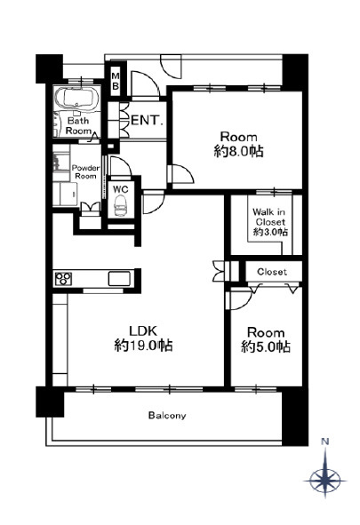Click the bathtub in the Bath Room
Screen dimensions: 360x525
tap(77, 98)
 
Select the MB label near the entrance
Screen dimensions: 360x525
tap(116, 81)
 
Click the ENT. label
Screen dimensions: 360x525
tap(147, 120)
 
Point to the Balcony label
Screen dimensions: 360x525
tap(167, 416)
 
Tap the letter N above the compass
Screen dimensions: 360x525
tap(324, 441)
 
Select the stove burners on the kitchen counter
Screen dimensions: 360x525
tap(63, 279)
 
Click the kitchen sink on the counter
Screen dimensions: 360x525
tap(119, 279)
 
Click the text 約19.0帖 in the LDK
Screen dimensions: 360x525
tap(143, 346)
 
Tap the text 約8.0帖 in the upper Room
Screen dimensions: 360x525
tap(238, 152)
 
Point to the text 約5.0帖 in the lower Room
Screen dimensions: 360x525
tap(266, 346)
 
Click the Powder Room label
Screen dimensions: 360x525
tap(85, 171)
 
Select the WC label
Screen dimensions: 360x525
tap(121, 189)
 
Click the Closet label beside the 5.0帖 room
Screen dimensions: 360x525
tap(272, 272)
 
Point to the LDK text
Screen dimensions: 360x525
tap(143, 330)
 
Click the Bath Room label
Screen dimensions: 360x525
tap(79, 125)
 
